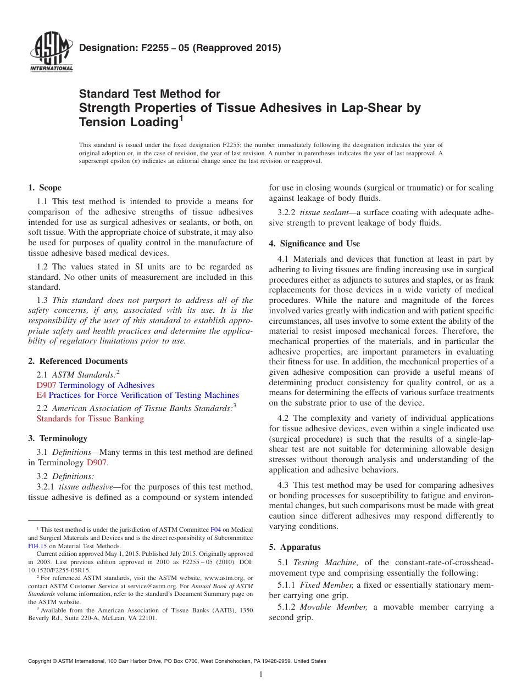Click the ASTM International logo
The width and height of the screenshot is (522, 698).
51,53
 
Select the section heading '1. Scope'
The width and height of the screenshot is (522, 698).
45,188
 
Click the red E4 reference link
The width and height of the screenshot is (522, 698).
41,395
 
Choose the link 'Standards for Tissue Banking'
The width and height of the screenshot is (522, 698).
90,419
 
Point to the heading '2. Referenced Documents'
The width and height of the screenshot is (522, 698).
78,361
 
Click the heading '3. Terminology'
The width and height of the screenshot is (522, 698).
58,438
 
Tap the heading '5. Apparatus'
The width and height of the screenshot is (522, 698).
295,547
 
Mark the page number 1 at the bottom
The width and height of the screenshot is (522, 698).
261,674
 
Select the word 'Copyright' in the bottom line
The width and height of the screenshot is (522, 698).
42,661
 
